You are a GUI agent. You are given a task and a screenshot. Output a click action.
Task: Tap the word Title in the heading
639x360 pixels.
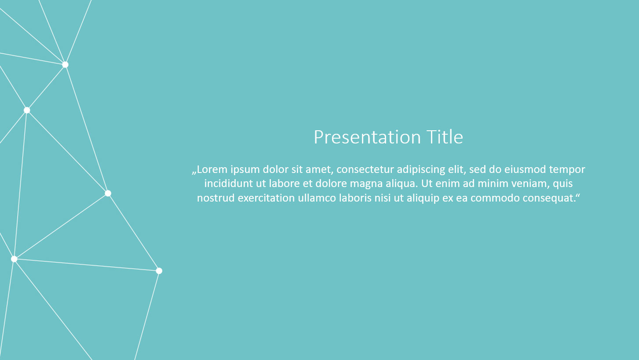(445, 137)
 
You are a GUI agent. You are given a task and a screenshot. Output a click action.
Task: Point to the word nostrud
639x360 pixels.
(216, 198)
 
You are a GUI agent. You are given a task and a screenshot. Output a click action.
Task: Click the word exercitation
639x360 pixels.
(266, 198)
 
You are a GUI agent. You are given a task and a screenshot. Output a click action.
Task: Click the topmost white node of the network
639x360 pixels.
(66, 65)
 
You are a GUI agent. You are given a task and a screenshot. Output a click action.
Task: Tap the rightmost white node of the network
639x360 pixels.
(159, 271)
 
